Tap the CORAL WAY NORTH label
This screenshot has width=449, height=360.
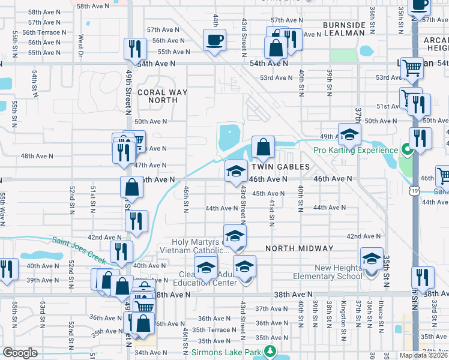[x=162, y=97]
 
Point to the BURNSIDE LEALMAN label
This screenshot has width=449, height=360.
[x=344, y=29]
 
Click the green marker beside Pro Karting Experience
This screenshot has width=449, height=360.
[x=406, y=149]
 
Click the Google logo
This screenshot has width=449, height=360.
[x=20, y=353]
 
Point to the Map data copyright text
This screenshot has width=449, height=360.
[x=423, y=355]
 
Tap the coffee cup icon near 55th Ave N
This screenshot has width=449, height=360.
[x=214, y=40]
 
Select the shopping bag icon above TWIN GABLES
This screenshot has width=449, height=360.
[x=263, y=146]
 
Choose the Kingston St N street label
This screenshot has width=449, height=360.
[x=344, y=316]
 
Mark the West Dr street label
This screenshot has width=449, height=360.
[x=80, y=46]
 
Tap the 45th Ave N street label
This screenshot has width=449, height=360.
[x=267, y=194]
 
